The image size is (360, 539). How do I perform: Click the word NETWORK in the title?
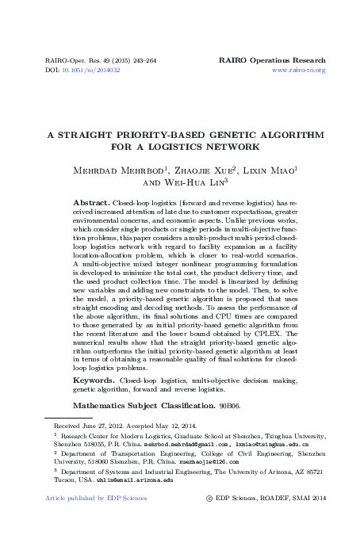click(236, 147)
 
